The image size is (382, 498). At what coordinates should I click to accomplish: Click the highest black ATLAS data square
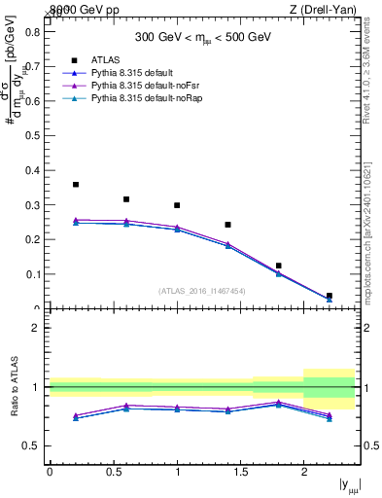point(76,184)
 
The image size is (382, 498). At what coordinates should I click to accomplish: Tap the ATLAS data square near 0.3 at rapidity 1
point(177,205)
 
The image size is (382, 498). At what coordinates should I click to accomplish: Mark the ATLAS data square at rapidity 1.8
point(278,266)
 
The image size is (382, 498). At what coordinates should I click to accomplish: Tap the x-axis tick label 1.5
point(240,473)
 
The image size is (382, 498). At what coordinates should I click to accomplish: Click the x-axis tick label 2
point(303,473)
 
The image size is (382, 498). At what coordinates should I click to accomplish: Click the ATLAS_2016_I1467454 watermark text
point(202,291)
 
